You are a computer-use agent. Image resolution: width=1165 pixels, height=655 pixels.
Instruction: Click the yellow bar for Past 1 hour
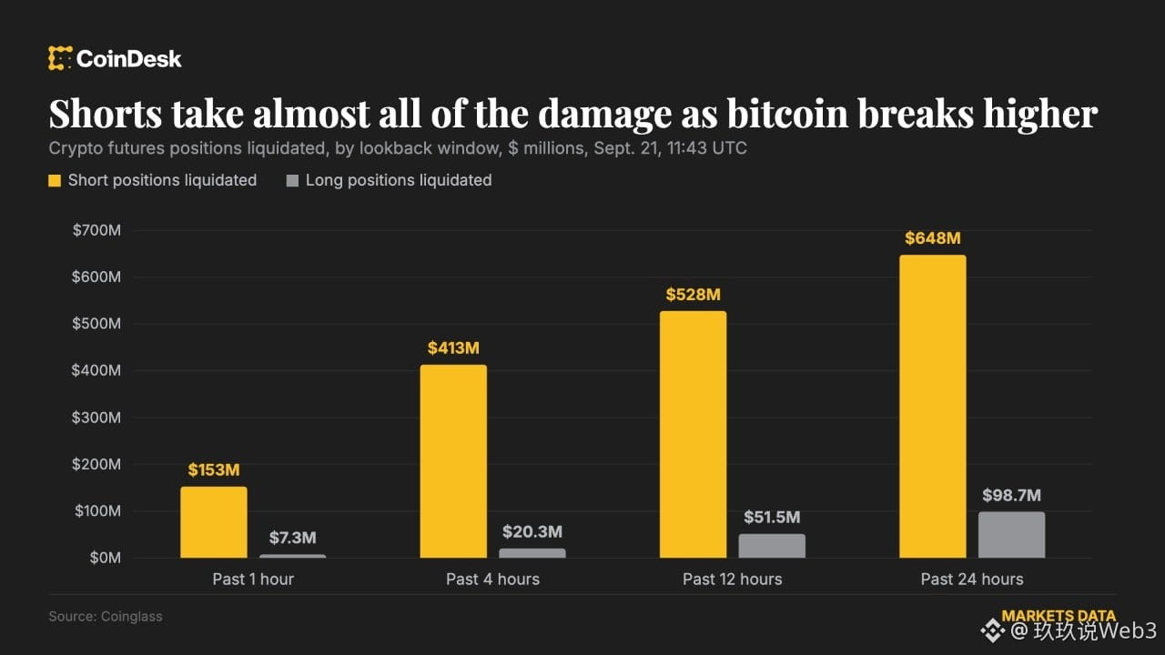(214, 522)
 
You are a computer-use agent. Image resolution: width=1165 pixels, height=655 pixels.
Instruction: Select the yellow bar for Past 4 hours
(453, 461)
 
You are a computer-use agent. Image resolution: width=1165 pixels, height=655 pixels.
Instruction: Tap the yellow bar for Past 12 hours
(694, 434)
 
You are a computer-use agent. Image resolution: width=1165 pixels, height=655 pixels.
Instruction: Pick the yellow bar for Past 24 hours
(933, 406)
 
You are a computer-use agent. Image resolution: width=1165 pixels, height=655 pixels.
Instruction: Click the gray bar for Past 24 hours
(1011, 535)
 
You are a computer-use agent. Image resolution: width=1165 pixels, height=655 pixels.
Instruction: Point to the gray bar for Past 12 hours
(772, 546)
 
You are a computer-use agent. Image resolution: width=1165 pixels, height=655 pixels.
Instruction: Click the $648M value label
(933, 238)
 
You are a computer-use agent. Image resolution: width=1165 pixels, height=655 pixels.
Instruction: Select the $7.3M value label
(293, 538)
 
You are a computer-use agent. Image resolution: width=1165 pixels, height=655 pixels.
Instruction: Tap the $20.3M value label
(532, 531)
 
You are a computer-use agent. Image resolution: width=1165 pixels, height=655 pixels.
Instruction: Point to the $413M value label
(453, 348)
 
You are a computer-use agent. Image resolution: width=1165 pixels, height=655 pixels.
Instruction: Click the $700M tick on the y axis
(96, 230)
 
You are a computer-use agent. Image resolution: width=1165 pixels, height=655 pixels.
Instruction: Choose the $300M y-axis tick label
(96, 418)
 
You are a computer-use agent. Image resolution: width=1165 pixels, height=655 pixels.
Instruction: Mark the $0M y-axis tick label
(105, 558)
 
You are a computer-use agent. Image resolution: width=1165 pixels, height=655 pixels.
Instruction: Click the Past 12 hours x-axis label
(733, 579)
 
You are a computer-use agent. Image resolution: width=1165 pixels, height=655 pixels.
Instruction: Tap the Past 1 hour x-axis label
(253, 579)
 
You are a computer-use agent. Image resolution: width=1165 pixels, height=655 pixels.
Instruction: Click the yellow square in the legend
(55, 180)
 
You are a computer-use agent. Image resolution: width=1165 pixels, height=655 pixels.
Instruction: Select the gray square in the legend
(292, 180)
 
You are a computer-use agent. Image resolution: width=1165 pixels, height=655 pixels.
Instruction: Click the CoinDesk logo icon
(60, 57)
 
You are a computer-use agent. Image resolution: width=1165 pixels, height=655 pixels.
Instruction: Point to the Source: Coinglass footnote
(106, 617)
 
